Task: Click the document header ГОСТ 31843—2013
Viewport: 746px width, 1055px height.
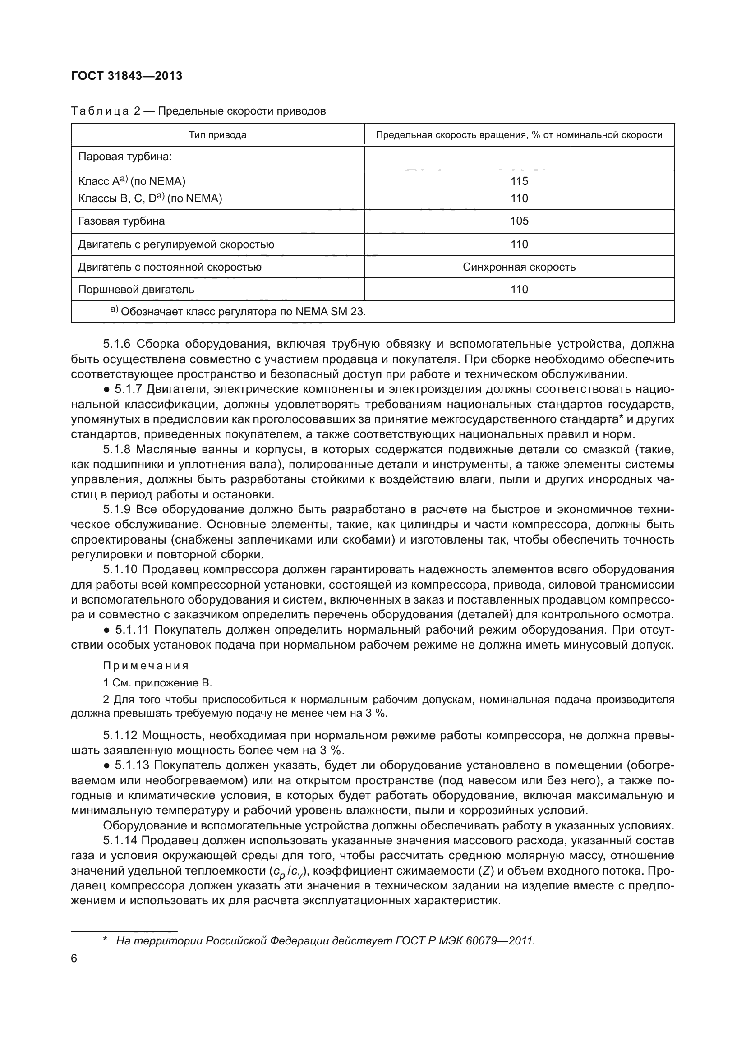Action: pyautogui.click(x=127, y=76)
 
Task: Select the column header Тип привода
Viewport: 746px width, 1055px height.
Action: pyautogui.click(x=217, y=134)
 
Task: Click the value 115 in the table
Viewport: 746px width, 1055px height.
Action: pyautogui.click(x=519, y=181)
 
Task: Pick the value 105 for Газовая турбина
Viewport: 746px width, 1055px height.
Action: pyautogui.click(x=519, y=221)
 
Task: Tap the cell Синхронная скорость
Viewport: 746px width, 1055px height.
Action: pyautogui.click(x=519, y=267)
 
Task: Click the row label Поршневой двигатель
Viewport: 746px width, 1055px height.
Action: pyautogui.click(x=136, y=290)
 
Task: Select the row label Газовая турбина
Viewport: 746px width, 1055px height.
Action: pyautogui.click(x=121, y=221)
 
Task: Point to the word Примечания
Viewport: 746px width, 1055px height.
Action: pyautogui.click(x=146, y=666)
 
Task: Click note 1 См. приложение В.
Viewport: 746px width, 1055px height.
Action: pyautogui.click(x=157, y=683)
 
